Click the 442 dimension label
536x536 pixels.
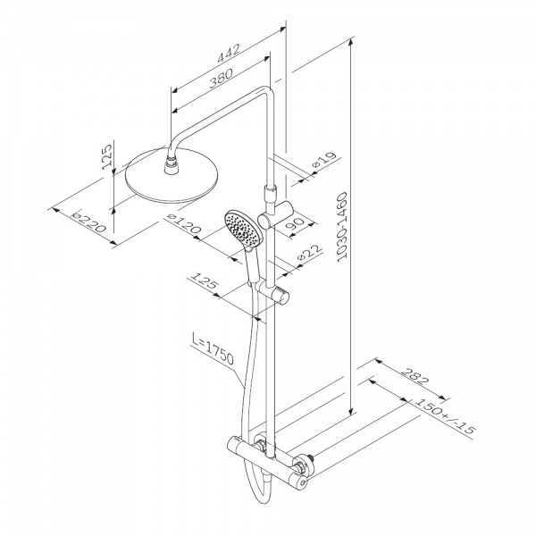[x=228, y=54]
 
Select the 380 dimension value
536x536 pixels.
[x=221, y=79]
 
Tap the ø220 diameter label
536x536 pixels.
[x=88, y=222]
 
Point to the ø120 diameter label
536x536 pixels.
[x=183, y=224]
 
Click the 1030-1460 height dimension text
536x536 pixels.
[x=342, y=228]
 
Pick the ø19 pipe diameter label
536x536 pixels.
[x=324, y=160]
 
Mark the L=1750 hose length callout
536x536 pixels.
[x=213, y=349]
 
